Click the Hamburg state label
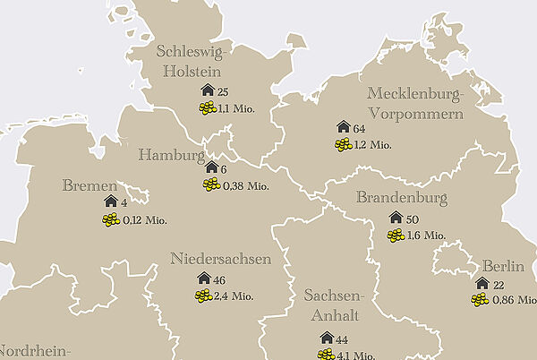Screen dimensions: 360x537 [171, 155]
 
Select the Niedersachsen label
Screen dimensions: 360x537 [220, 260]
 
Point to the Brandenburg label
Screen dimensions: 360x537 [401, 198]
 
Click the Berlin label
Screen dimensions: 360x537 [503, 266]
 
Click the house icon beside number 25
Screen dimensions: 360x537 [208, 91]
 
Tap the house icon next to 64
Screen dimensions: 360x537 [342, 127]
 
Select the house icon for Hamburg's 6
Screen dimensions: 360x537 [211, 167]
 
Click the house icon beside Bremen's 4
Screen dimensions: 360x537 [111, 202]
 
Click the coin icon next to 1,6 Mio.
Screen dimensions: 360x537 [396, 236]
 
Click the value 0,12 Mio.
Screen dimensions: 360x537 [145, 220]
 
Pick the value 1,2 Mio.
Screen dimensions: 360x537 [372, 145]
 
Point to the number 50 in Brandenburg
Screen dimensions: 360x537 [413, 219]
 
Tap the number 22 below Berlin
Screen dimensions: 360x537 [499, 284]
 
